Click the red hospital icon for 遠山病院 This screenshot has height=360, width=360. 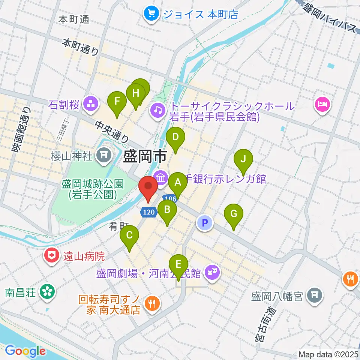52,256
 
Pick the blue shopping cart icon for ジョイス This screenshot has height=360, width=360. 151,14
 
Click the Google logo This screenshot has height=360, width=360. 25,351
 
